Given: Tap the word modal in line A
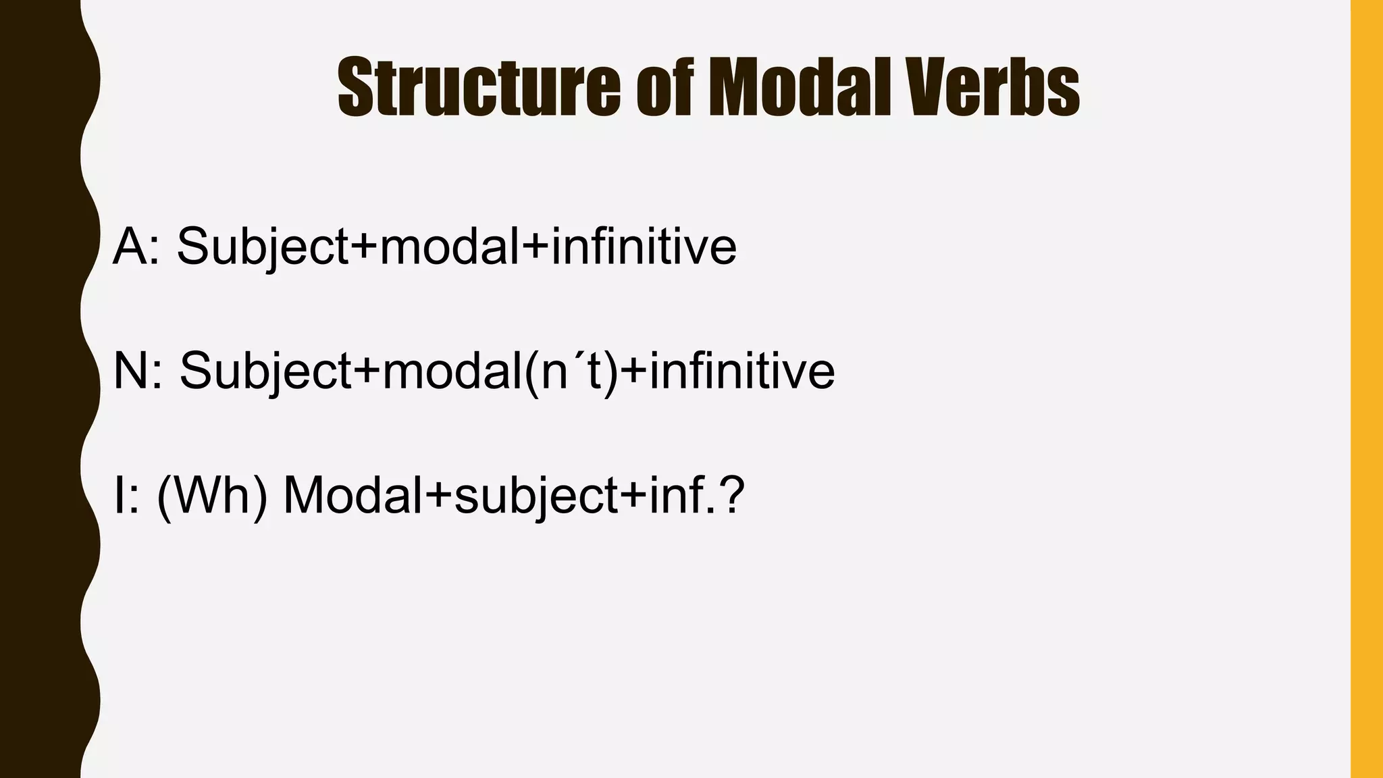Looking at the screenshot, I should [x=450, y=246].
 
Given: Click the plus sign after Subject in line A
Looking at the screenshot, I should [x=364, y=247].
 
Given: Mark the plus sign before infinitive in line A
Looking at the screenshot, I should [x=536, y=247].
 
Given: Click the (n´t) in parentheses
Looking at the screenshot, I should [x=570, y=372].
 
